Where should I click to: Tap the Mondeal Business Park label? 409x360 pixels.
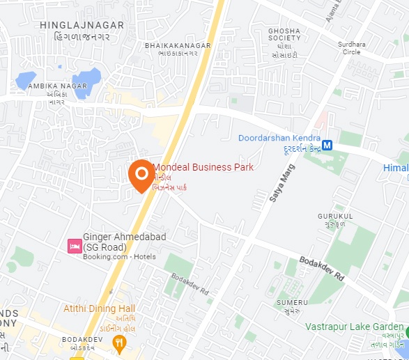tap(203, 168)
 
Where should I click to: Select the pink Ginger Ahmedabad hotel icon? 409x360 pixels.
tap(74, 246)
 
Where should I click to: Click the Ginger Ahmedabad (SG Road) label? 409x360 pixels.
tap(124, 242)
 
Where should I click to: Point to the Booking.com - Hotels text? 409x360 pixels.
tap(119, 257)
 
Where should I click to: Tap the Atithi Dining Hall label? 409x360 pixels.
tap(98, 308)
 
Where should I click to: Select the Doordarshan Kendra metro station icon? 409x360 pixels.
tap(326, 146)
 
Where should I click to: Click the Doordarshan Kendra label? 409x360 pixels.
tap(279, 138)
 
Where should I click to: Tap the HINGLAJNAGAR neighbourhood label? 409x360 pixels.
tap(82, 25)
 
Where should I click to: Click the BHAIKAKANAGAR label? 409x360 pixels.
tap(177, 45)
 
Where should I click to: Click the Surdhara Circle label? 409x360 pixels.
tap(351, 47)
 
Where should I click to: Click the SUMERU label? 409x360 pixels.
tap(291, 302)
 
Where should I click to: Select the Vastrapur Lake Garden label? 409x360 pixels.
tap(354, 327)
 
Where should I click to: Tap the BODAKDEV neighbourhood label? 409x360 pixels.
tap(82, 339)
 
